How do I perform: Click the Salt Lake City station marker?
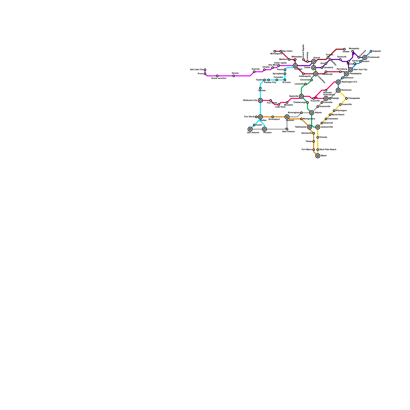pyautogui.click(x=205, y=70)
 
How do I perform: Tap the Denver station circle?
pyautogui.click(x=234, y=76)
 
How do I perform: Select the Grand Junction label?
pyautogui.click(x=219, y=78)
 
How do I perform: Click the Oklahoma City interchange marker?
pyautogui.click(x=260, y=100)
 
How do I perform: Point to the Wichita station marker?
pyautogui.click(x=260, y=88)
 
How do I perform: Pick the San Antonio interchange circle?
pyautogui.click(x=250, y=129)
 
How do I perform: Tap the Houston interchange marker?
pyautogui.click(x=264, y=129)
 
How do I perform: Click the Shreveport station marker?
pyautogui.click(x=273, y=117)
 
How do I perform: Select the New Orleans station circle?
pyautogui.click(x=287, y=129)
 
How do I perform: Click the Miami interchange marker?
pyautogui.click(x=318, y=156)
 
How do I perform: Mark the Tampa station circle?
pyautogui.click(x=314, y=141)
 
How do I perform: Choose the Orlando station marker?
pyautogui.click(x=318, y=137)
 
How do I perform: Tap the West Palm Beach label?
pyautogui.click(x=328, y=150)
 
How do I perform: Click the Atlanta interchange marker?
pyautogui.click(x=312, y=113)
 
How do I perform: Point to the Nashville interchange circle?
pyautogui.click(x=301, y=96)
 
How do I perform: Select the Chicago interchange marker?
pyautogui.click(x=295, y=66)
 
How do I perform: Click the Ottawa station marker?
pyautogui.click(x=344, y=49)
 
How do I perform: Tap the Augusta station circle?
pyautogui.click(x=371, y=51)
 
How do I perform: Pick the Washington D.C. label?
pyautogui.click(x=349, y=82)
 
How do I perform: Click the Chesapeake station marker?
pyautogui.click(x=346, y=98)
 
